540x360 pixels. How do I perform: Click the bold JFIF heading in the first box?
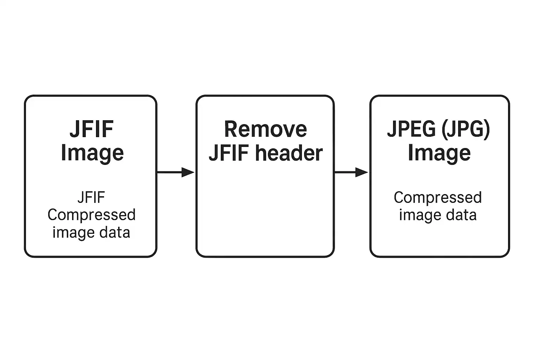(x=91, y=129)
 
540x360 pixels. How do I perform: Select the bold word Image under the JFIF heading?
(x=92, y=153)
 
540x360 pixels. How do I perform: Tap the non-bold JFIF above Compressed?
(x=91, y=198)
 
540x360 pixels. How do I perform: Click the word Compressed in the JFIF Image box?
(x=91, y=215)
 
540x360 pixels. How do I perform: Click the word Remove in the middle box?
(x=265, y=129)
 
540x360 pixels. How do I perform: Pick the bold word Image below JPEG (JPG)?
(x=439, y=153)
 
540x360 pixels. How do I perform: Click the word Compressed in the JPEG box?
(x=438, y=198)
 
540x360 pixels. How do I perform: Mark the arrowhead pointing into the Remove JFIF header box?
(x=188, y=172)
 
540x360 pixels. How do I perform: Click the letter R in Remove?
(x=231, y=129)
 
